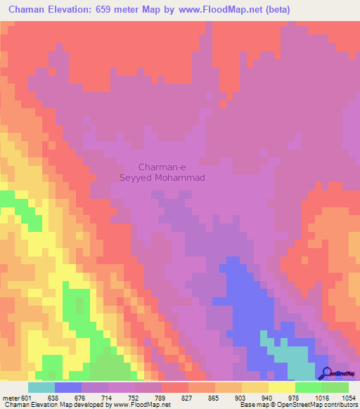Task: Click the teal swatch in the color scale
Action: coord(41,387)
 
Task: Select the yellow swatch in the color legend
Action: coord(281,387)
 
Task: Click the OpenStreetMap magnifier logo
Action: coord(326,372)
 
